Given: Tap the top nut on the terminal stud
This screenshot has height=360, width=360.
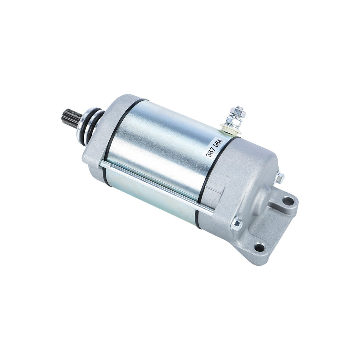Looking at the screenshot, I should [238, 111].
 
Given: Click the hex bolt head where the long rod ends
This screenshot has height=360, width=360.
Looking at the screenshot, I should [236, 224].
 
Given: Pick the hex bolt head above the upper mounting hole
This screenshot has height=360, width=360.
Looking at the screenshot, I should [280, 177].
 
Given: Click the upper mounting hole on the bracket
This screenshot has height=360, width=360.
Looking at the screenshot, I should [288, 201].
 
